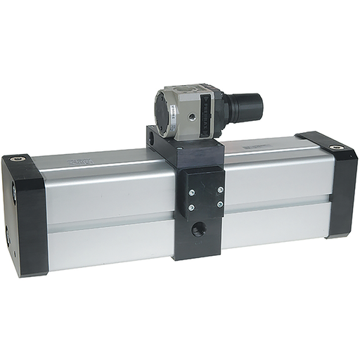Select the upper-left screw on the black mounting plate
(x=191, y=190)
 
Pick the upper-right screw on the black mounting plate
(x=220, y=189)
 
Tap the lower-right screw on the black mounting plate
(x=220, y=205)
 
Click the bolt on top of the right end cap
(x=337, y=148)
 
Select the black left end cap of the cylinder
(x=27, y=214)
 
